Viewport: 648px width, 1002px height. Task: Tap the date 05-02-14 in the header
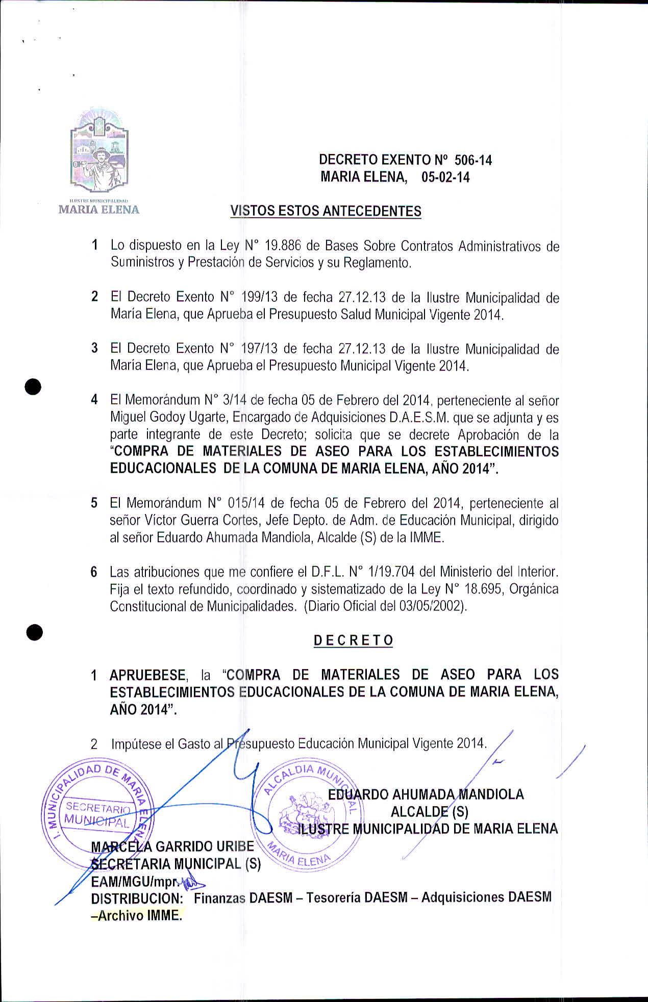(x=445, y=177)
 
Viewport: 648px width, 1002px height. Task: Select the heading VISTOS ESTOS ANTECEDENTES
(x=326, y=211)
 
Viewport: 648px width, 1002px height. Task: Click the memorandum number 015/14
(x=246, y=503)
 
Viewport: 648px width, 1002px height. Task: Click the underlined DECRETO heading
(x=353, y=640)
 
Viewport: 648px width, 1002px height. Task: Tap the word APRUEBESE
(x=147, y=675)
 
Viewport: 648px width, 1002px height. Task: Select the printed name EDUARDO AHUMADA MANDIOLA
(x=426, y=794)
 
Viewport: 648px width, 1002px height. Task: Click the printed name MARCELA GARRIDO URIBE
(x=172, y=846)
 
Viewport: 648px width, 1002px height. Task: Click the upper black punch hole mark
(x=34, y=387)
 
